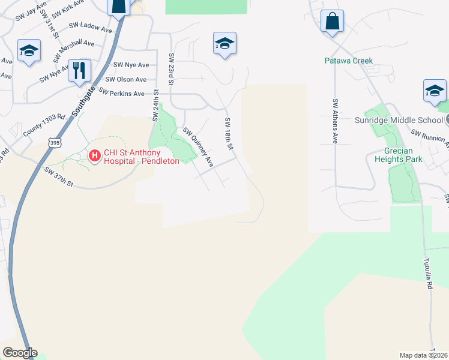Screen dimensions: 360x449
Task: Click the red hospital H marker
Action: coord(94,157)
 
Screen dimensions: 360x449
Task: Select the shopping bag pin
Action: coord(332,22)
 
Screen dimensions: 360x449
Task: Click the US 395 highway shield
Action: coord(55,143)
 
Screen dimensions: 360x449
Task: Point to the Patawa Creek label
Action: coord(349,61)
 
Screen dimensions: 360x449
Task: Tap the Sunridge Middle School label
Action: coord(403,119)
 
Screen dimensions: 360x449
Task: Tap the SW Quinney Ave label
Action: coord(198,147)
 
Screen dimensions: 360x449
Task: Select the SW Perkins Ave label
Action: coord(122,94)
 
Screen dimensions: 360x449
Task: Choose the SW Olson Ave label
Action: coord(126,79)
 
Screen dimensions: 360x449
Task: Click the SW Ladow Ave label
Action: coord(91,26)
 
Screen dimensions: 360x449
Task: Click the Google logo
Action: coord(20,353)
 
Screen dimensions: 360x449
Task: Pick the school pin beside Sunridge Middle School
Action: coord(435,91)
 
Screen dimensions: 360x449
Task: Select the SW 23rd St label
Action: coord(171,65)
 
